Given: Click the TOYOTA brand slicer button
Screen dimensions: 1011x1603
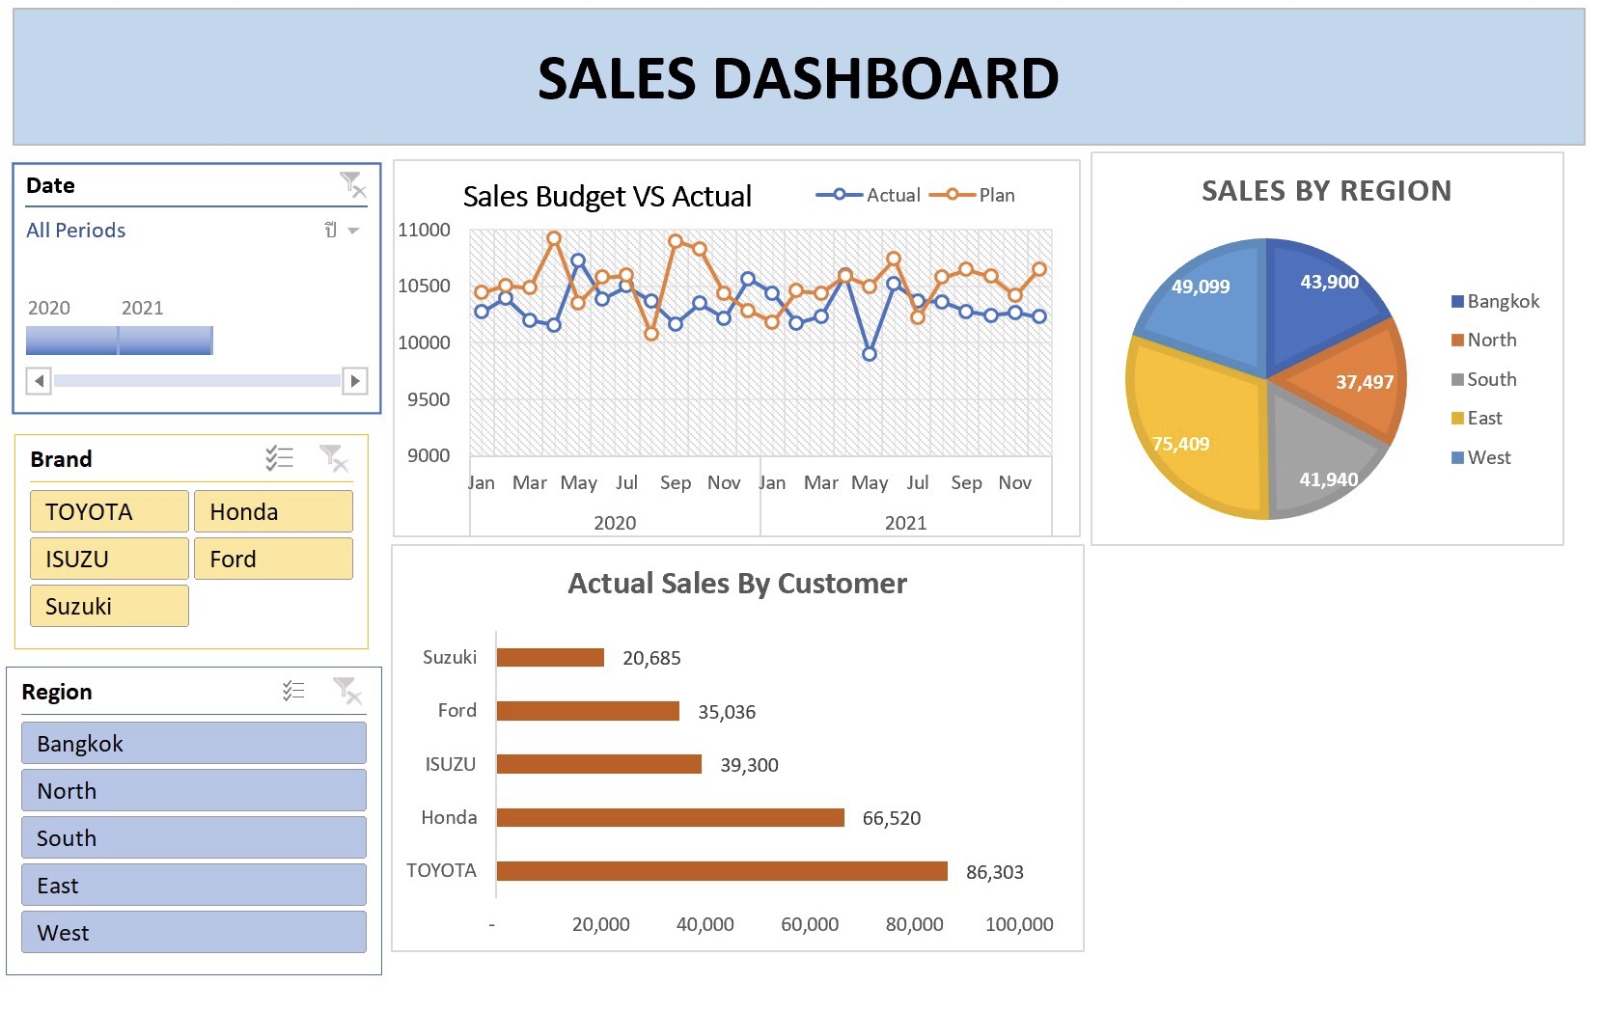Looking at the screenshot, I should point(109,511).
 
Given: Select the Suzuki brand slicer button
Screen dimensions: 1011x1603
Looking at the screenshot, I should point(109,606).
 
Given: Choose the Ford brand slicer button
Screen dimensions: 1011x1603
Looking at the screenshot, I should point(273,559).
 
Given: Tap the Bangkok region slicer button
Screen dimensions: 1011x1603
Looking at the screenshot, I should point(193,743).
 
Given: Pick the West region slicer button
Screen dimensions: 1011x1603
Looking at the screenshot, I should point(193,932).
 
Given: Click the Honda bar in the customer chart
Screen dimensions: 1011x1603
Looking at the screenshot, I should point(670,818).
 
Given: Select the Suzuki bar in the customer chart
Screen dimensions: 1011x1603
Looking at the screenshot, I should point(550,658).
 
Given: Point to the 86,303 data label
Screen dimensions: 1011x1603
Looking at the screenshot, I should point(994,872).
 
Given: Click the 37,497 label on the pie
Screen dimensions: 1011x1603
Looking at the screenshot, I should point(1364,382).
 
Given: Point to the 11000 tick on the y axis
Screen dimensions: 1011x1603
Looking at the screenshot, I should point(424,230).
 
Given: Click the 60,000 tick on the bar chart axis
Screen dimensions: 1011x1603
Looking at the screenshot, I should point(809,924).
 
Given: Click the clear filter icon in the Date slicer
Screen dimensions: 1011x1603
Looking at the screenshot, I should point(352,184).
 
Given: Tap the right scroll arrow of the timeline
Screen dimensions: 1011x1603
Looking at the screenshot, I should point(355,381).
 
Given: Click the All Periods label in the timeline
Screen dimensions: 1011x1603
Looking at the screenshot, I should point(76,231).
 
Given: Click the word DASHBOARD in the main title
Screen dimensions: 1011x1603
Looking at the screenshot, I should point(885,79).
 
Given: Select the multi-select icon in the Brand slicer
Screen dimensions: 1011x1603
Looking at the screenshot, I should point(279,458).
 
